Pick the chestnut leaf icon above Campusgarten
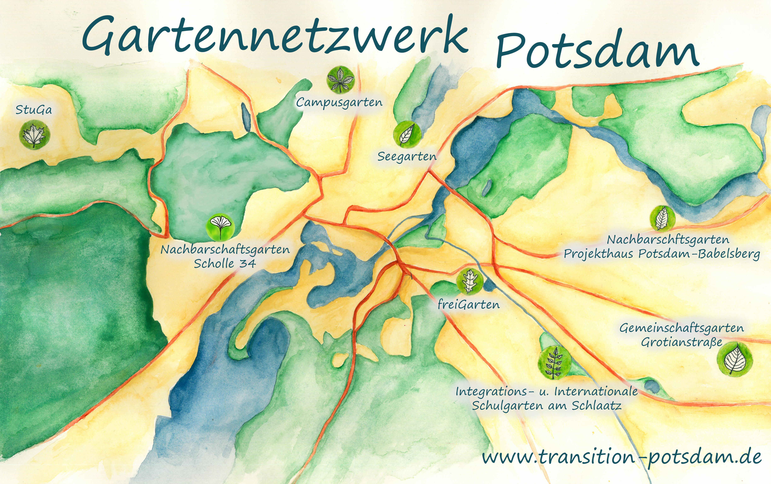pos(341,79)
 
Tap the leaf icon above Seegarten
pos(407,134)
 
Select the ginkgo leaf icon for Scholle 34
pos(220,227)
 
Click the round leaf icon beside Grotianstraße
pos(734,359)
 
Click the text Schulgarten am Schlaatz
pos(547,406)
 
